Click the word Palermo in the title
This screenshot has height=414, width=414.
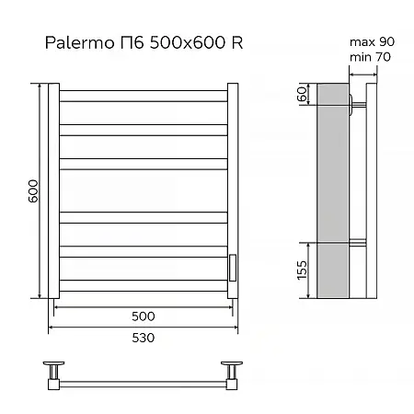tap(75, 43)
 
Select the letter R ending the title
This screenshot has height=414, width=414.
tap(237, 43)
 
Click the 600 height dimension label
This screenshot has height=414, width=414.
tap(32, 190)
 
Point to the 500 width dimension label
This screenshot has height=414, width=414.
tap(143, 316)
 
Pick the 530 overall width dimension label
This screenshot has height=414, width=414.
tap(143, 337)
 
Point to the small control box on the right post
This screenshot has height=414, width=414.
tap(233, 266)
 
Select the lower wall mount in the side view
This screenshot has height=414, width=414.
tap(356, 244)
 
